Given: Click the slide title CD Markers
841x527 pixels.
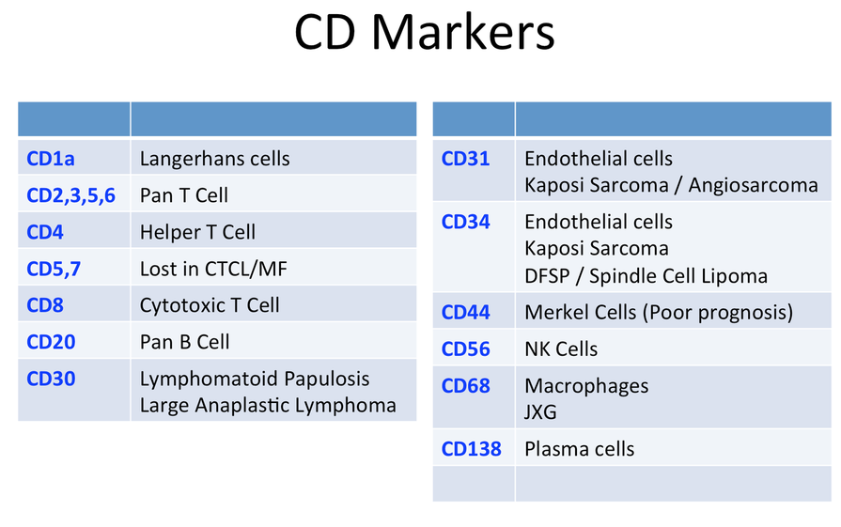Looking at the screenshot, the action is (424, 32).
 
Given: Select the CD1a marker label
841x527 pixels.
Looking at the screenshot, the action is (51, 159).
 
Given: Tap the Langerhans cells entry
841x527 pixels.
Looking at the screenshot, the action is (214, 159).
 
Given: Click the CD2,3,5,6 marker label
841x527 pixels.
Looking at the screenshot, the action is (70, 195).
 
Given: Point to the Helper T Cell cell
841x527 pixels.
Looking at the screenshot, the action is (197, 232).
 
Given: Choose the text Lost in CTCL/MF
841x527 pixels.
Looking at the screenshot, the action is (213, 269).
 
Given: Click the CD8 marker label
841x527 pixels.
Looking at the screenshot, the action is (45, 305).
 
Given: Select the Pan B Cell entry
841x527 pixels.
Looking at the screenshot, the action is (184, 342).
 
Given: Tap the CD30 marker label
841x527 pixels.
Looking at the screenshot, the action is (51, 379).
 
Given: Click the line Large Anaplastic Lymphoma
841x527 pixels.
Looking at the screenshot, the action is (268, 406).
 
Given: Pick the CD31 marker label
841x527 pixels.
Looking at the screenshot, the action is (465, 159).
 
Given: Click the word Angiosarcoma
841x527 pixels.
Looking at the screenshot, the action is (753, 185).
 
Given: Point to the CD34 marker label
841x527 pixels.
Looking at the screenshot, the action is (465, 222).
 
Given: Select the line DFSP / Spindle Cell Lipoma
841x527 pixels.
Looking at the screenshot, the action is (646, 276).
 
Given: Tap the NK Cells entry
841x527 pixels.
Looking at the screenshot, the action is (561, 349).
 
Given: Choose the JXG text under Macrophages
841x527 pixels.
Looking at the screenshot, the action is (540, 412).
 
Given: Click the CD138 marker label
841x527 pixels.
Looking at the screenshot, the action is (471, 449).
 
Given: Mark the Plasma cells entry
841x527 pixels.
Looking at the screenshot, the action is (579, 449).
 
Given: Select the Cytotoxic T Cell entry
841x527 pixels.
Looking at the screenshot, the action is (210, 305).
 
